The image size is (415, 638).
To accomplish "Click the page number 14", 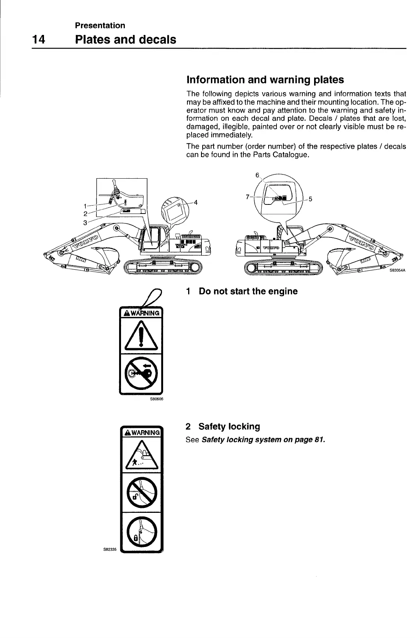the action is pyautogui.click(x=39, y=39).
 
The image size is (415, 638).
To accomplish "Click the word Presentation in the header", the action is pyautogui.click(x=100, y=25).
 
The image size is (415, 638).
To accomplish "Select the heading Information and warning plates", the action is pyautogui.click(x=265, y=80).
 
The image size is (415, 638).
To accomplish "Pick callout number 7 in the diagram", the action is pyautogui.click(x=247, y=196).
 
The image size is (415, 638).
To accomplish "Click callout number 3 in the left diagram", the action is pyautogui.click(x=85, y=222).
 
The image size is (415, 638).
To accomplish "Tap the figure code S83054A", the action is pyautogui.click(x=398, y=270).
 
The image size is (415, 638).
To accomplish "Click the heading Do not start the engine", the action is pyautogui.click(x=248, y=291).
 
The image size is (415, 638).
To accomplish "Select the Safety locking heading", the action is pyautogui.click(x=229, y=426).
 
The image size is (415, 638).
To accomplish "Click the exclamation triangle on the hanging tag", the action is pyautogui.click(x=141, y=335).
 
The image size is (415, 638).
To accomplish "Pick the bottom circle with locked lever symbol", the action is pyautogui.click(x=141, y=532).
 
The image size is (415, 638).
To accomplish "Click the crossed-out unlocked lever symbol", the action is pyautogui.click(x=141, y=492).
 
